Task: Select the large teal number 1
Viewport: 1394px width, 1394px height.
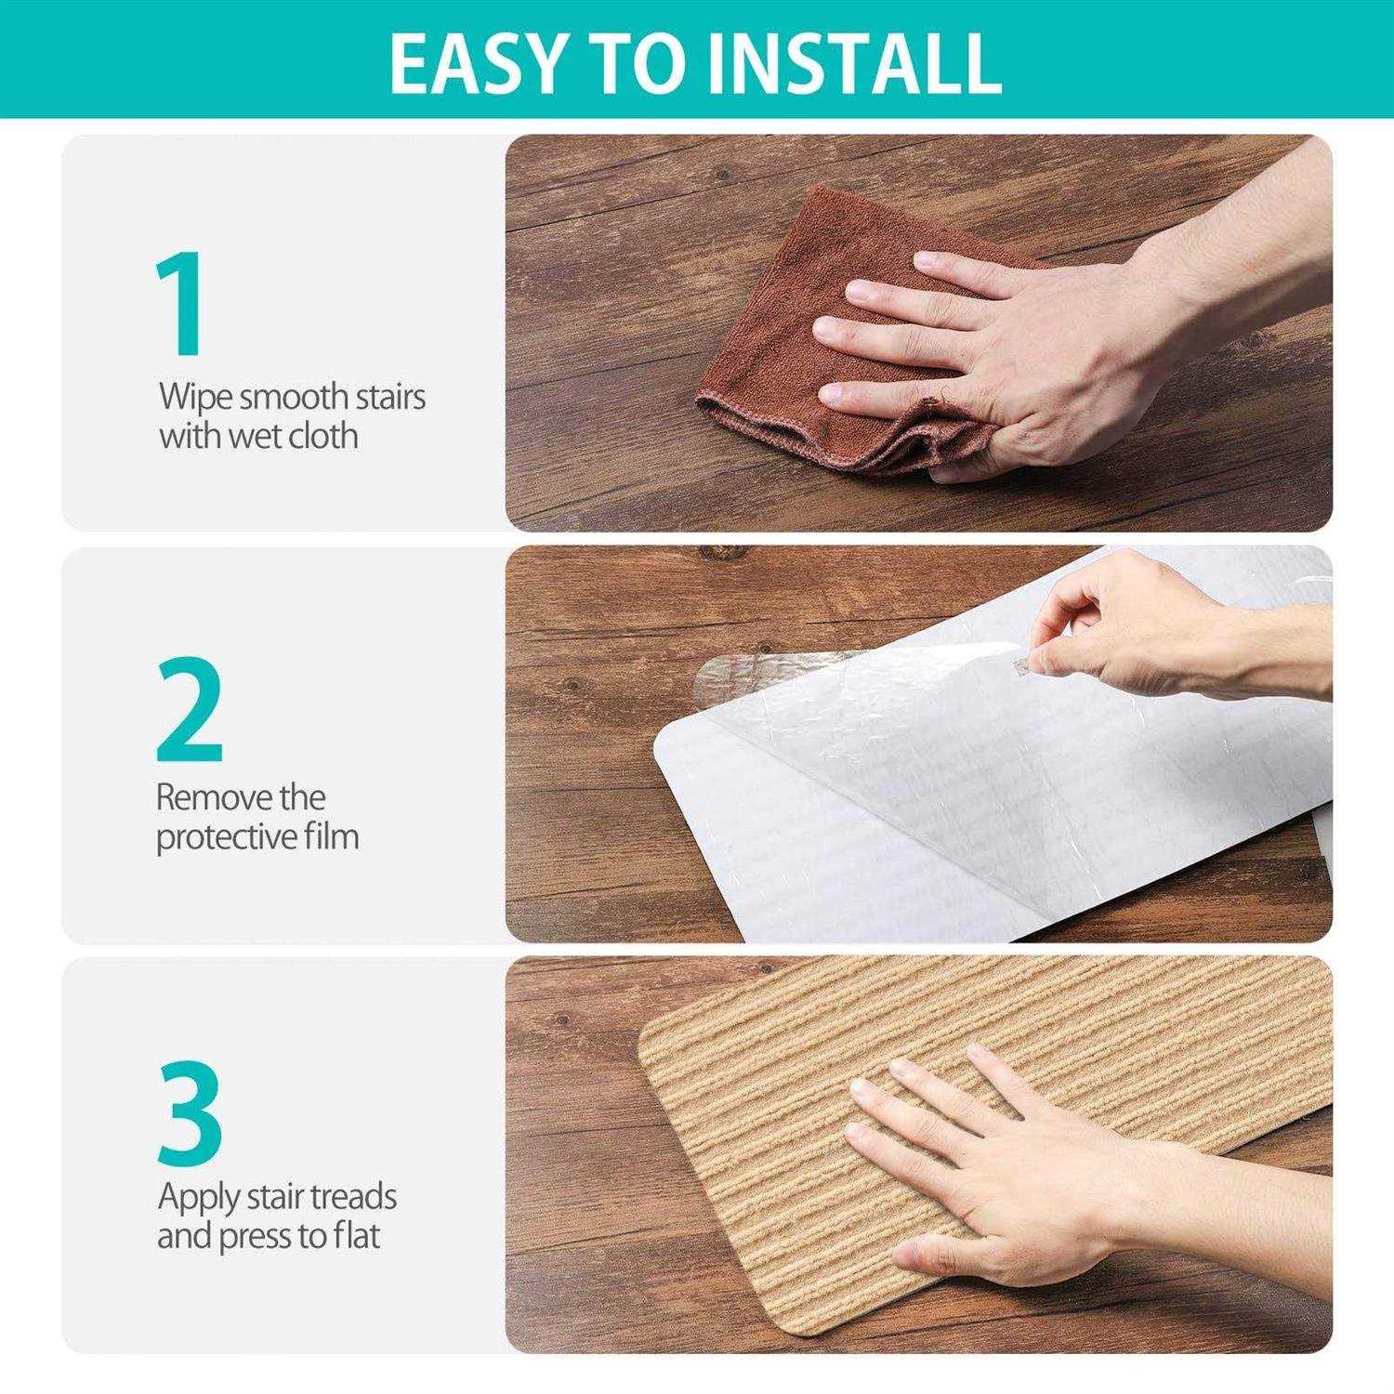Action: [180, 303]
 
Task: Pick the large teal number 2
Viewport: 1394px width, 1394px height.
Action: [190, 709]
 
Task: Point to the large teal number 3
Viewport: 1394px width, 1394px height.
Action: [191, 1113]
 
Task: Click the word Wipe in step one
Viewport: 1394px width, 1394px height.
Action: [195, 398]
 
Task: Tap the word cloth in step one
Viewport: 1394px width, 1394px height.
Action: [322, 436]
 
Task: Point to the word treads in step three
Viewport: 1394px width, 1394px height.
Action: [353, 1197]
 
